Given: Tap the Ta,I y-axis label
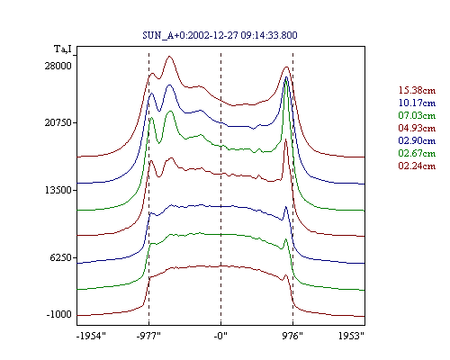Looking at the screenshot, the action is [63, 49].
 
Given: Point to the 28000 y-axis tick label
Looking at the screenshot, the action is [58, 66].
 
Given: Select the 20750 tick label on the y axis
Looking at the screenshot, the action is [58, 122].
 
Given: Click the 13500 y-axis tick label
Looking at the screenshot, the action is [58, 190].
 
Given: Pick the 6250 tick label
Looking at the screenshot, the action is [61, 257].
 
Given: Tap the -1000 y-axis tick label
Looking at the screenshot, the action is [59, 314].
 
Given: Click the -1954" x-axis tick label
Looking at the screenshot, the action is [91, 336].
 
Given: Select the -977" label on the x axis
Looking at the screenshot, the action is [148, 336].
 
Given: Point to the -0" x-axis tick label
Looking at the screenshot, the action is [220, 336].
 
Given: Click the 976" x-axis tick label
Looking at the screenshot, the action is [292, 336].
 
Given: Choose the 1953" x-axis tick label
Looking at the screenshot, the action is [351, 336].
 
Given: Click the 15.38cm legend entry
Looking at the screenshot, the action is [417, 90].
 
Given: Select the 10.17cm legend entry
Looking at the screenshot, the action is [417, 103].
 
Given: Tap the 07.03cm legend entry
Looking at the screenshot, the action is [417, 115].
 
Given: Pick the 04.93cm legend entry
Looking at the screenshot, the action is [417, 128].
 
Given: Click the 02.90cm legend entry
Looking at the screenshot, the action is [417, 140].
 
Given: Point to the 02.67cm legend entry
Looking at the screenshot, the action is [417, 153].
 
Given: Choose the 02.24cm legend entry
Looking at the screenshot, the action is [417, 166].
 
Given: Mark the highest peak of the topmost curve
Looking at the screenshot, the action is [170, 56].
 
